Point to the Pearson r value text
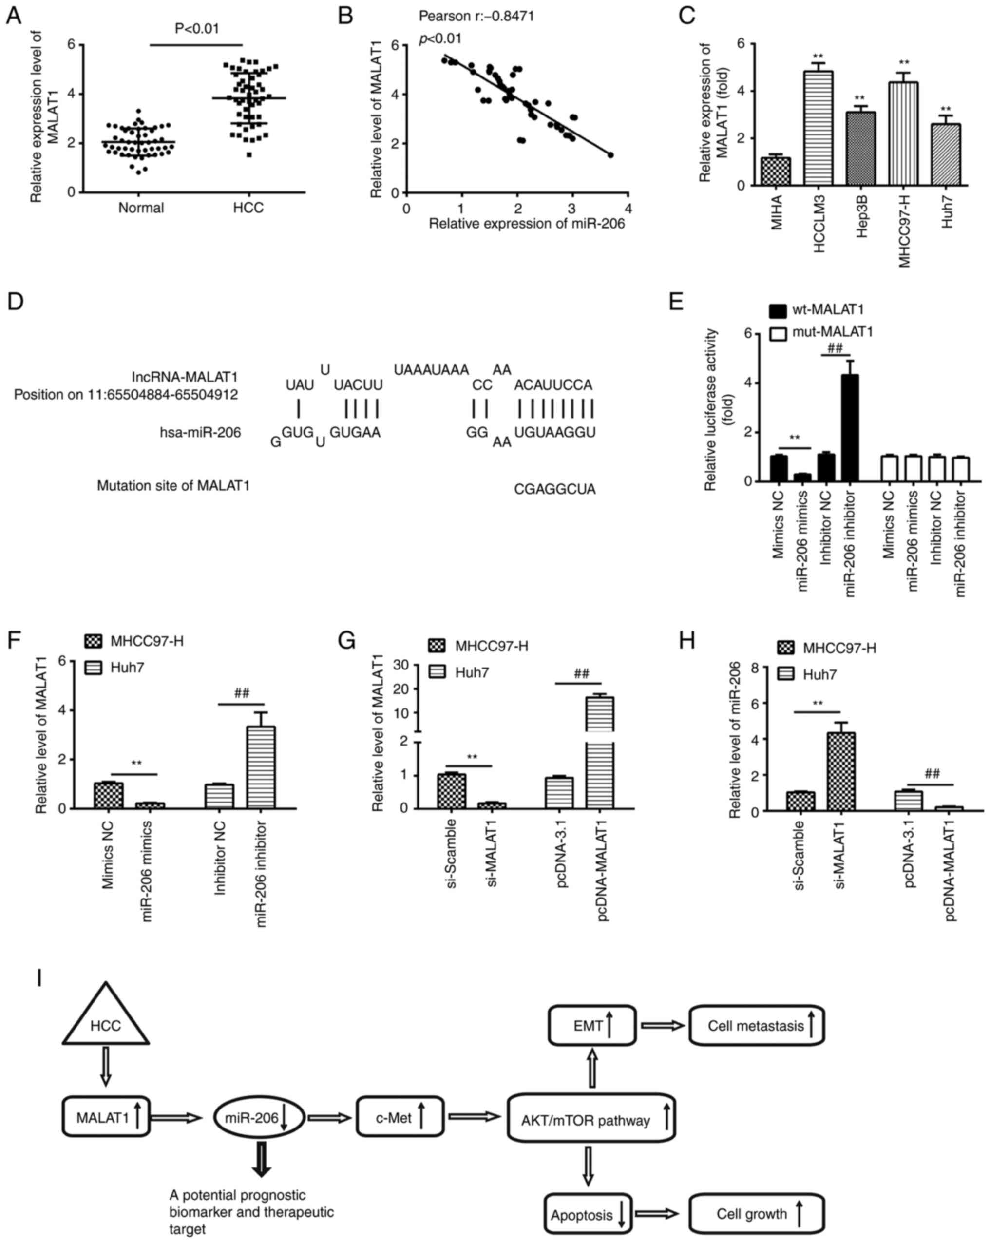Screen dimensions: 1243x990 [476, 16]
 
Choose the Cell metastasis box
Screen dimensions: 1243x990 [757, 1026]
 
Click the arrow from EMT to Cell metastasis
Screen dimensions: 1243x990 [663, 1026]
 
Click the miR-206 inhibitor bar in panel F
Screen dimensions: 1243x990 [261, 767]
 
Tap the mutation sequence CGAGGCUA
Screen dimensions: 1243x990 [554, 490]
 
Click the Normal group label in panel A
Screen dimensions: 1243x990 [141, 208]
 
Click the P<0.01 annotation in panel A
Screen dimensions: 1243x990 [197, 28]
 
